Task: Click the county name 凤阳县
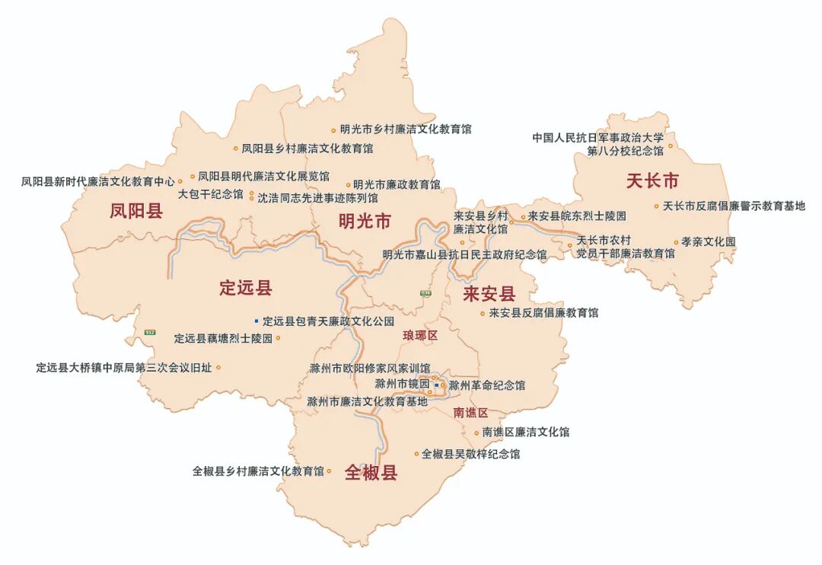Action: pos(136,211)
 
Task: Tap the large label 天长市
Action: pos(652,181)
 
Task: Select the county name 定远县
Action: pos(245,288)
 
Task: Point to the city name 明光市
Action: pos(365,222)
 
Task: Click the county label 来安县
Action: pos(489,294)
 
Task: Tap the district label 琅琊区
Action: pos(421,336)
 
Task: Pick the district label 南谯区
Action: pos(470,413)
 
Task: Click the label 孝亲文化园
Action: pos(709,242)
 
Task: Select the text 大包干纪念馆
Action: pos(211,195)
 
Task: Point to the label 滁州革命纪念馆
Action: pos(487,385)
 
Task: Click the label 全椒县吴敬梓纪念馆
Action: pos(471,454)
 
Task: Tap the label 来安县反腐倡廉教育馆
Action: pos(543,313)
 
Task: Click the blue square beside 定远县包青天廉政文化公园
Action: pos(256,321)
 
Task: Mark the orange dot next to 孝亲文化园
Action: pos(675,243)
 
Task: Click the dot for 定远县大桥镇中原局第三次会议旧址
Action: pos(218,368)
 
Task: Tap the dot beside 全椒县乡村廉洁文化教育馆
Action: pos(329,471)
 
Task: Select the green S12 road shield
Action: pos(149,332)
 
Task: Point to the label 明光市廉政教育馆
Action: pos(397,184)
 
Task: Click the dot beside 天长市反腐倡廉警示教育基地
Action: pos(656,206)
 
